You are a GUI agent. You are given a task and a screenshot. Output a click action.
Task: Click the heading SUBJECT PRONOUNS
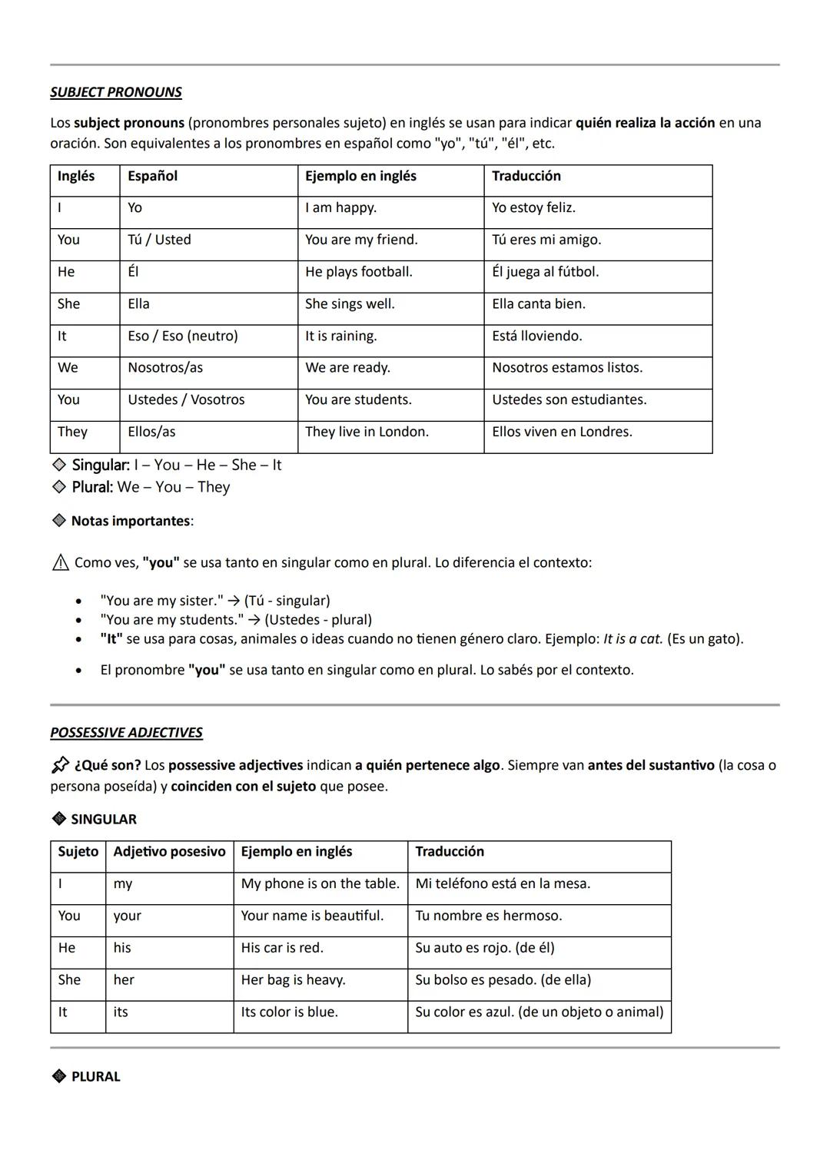[116, 92]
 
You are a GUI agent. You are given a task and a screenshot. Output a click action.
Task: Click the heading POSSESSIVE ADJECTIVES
[126, 732]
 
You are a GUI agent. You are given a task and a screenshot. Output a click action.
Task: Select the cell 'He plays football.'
[359, 272]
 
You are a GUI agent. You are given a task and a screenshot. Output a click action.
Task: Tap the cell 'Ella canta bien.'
[539, 304]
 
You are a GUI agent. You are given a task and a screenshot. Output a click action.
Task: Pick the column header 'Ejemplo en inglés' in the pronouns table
[360, 176]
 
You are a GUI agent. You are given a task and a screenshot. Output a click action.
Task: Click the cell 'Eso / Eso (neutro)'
[183, 336]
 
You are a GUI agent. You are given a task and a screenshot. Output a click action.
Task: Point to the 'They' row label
[72, 432]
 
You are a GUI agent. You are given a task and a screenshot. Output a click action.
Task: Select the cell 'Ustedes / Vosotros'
[186, 399]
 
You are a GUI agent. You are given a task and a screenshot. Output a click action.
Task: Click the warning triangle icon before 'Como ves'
[60, 563]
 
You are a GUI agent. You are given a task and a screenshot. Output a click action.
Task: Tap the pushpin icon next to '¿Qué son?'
[60, 765]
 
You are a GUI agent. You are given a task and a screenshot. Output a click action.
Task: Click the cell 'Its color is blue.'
[289, 1012]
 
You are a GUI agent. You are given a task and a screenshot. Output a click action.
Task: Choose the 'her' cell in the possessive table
[124, 979]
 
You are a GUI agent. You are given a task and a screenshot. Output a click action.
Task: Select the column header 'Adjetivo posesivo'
[169, 851]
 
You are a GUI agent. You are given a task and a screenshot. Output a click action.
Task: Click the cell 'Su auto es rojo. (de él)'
[484, 947]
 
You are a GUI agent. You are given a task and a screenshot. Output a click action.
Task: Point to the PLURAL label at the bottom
[95, 1076]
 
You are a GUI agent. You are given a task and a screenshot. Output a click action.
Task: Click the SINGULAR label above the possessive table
[104, 819]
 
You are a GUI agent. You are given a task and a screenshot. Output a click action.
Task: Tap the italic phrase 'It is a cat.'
[632, 639]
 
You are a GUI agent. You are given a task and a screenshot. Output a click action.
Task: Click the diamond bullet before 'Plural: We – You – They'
[58, 486]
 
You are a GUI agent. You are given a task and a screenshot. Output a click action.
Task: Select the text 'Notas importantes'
[131, 521]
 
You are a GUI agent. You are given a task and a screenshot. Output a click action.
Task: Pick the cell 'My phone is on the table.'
[320, 883]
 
